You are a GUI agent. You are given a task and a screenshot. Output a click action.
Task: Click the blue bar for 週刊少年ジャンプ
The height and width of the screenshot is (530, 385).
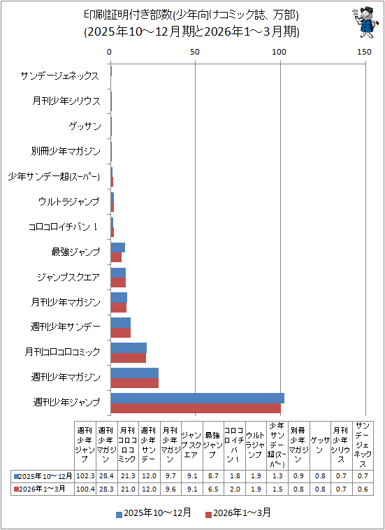[x=198, y=398]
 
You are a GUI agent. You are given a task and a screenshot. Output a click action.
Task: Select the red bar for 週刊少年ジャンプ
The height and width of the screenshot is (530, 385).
[x=196, y=408]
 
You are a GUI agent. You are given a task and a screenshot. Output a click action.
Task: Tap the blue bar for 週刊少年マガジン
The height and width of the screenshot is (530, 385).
[x=135, y=373]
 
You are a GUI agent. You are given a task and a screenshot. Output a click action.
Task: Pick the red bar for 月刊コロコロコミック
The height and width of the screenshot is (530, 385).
[x=129, y=358]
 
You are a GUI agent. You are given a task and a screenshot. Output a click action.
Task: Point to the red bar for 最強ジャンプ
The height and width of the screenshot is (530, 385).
[x=116, y=257]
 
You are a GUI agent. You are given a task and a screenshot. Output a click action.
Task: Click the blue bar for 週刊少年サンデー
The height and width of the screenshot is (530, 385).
[x=121, y=323]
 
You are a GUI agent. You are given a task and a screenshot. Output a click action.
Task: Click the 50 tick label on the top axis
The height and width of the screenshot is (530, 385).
[x=194, y=52]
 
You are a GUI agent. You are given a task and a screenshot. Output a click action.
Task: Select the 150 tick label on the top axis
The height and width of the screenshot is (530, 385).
[x=365, y=52]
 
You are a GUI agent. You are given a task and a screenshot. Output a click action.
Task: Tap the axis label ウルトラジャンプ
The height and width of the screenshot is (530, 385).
[x=69, y=202]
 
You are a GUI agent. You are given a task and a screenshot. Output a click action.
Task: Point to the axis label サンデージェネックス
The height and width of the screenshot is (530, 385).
[x=60, y=76]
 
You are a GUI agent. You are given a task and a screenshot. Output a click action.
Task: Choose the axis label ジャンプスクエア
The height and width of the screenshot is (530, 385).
[x=68, y=278]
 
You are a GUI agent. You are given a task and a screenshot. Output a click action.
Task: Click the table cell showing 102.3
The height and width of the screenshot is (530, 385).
[x=85, y=476]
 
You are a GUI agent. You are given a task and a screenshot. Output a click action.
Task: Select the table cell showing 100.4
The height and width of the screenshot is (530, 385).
[x=85, y=489]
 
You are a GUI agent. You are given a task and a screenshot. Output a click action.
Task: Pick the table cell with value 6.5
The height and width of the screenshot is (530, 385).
[x=213, y=489]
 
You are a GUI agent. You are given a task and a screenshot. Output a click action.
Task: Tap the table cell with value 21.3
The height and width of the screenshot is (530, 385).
[x=128, y=476]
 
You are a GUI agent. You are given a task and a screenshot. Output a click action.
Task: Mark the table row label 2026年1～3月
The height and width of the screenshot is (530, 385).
[x=42, y=489]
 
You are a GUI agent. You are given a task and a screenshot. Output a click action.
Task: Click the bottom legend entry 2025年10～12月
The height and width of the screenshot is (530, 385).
[x=154, y=513]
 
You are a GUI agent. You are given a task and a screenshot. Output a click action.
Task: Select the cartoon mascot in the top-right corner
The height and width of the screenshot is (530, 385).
[x=365, y=22]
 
